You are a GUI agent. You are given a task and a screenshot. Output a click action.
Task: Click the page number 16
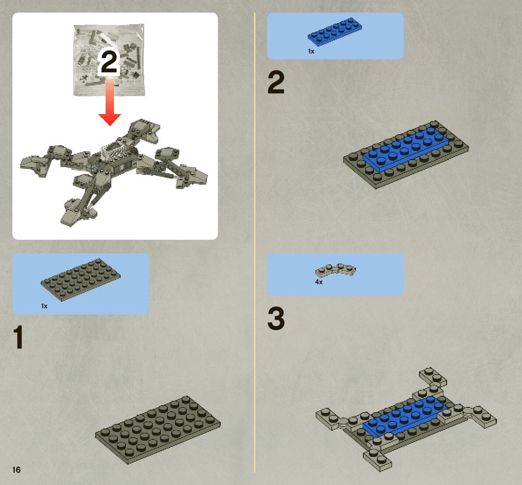point(16,470)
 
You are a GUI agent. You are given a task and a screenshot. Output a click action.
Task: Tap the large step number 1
point(18,337)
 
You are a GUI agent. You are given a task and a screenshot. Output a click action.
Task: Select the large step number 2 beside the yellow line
point(276,82)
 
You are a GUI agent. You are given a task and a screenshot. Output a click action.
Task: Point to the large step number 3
point(276,318)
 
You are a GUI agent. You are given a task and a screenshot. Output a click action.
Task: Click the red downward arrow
point(110,102)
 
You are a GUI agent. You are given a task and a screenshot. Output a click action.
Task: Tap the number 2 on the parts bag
point(109,62)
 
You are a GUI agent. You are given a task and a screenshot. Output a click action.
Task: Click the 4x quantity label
point(319,282)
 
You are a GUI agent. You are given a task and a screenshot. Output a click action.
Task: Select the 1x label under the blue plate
point(311,51)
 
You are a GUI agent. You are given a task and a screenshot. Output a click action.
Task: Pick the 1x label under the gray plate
point(44,306)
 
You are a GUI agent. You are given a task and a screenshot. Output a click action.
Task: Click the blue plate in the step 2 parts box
point(334,31)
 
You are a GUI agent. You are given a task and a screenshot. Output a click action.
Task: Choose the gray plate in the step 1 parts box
point(80,280)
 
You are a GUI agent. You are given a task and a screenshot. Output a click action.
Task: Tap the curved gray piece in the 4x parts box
point(335,271)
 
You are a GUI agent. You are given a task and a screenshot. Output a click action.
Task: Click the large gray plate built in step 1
point(158,430)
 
